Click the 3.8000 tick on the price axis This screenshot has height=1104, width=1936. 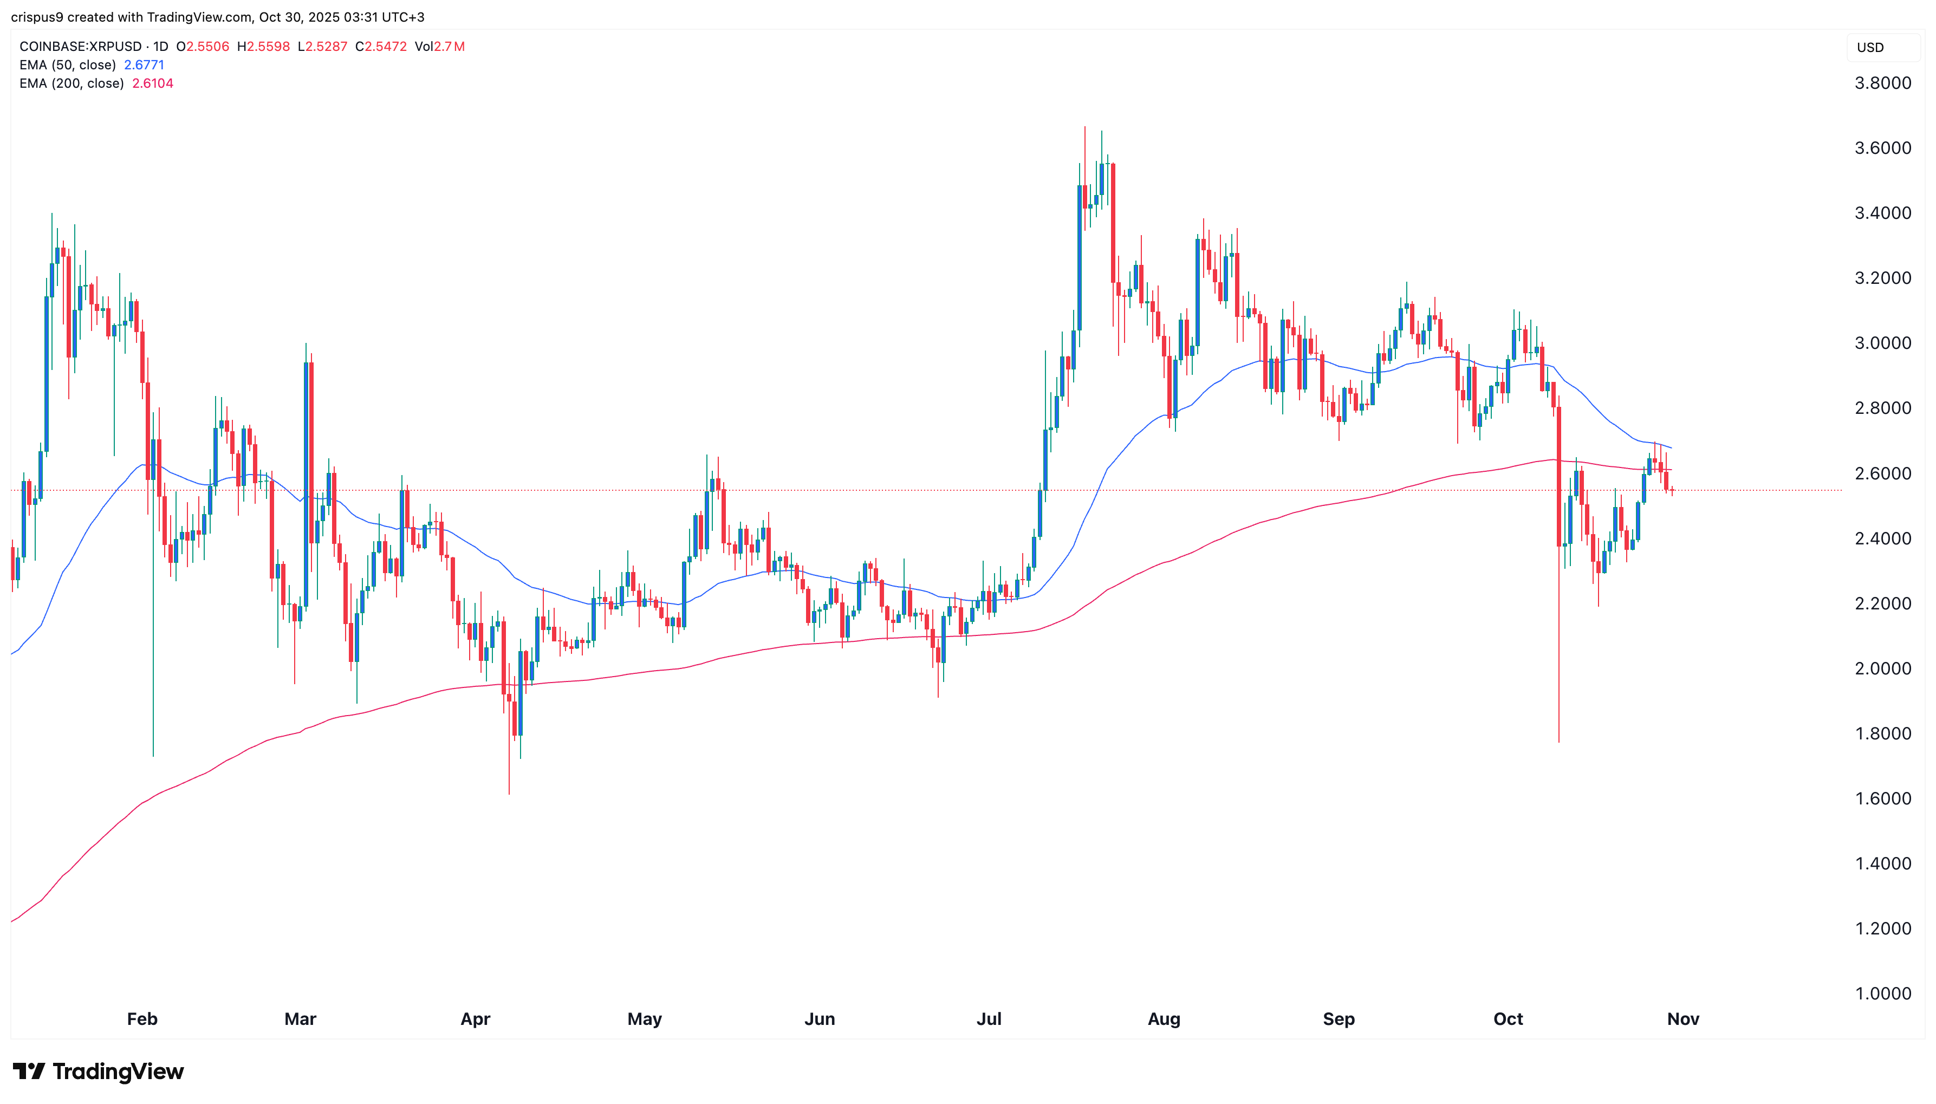(x=1882, y=83)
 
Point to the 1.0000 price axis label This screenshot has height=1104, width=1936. (x=1882, y=993)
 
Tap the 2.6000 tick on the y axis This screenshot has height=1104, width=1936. (x=1882, y=473)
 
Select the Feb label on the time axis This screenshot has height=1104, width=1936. (x=142, y=1018)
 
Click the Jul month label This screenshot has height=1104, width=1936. (x=989, y=1018)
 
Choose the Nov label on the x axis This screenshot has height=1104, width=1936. (x=1683, y=1018)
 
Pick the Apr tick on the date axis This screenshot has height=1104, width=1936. (x=475, y=1018)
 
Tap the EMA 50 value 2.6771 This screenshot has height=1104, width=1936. (x=144, y=65)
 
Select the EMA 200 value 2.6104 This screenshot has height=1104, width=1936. (x=152, y=83)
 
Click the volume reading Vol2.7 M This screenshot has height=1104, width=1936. (x=440, y=46)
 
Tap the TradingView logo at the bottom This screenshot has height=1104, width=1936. (x=99, y=1071)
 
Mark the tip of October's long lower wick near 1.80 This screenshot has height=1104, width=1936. (x=1558, y=741)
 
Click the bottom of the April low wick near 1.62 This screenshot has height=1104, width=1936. (x=509, y=793)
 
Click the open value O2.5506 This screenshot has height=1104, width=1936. (x=203, y=46)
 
